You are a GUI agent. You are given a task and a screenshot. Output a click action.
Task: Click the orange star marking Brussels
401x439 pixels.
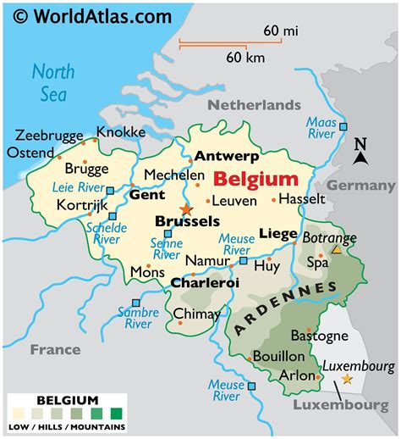pyautogui.click(x=186, y=208)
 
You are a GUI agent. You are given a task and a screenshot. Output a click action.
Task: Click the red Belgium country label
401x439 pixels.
pyautogui.click(x=255, y=179)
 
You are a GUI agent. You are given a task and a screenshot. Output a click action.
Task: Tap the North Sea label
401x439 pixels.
pyautogui.click(x=52, y=83)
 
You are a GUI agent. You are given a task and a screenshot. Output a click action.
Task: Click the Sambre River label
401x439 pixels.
pyautogui.click(x=137, y=316)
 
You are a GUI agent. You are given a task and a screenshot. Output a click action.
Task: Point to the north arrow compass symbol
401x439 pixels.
pyautogui.click(x=360, y=153)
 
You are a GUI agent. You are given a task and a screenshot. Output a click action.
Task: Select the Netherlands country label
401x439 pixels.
pyautogui.click(x=255, y=105)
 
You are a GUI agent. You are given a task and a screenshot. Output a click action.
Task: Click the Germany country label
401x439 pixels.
pyautogui.click(x=355, y=186)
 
